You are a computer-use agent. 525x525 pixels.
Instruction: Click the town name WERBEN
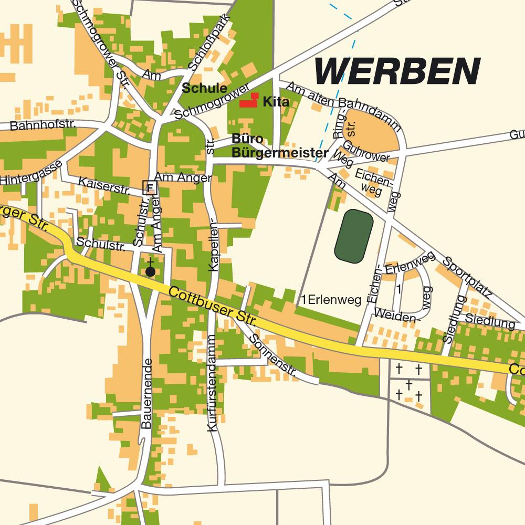point(397,71)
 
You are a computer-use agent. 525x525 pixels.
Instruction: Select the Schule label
point(204,88)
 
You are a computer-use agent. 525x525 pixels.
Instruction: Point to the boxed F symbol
point(150,187)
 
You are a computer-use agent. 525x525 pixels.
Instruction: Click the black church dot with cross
point(150,271)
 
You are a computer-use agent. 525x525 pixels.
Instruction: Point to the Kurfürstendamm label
point(212,383)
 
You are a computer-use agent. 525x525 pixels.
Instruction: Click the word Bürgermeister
point(280,153)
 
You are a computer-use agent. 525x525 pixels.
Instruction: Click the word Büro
point(246,139)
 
